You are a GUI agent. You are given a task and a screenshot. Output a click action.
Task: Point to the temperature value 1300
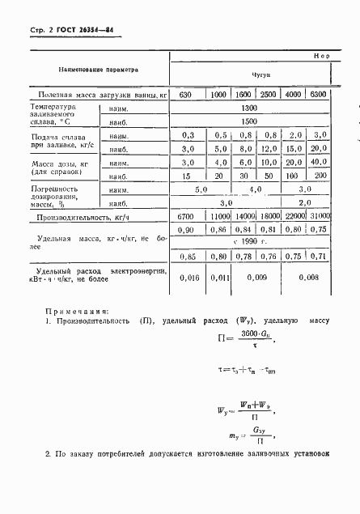click(x=248, y=108)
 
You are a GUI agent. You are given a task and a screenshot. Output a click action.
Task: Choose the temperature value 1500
click(x=248, y=121)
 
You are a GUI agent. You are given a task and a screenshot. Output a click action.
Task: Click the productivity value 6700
click(x=187, y=217)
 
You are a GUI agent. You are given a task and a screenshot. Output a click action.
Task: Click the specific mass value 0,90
click(x=187, y=230)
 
